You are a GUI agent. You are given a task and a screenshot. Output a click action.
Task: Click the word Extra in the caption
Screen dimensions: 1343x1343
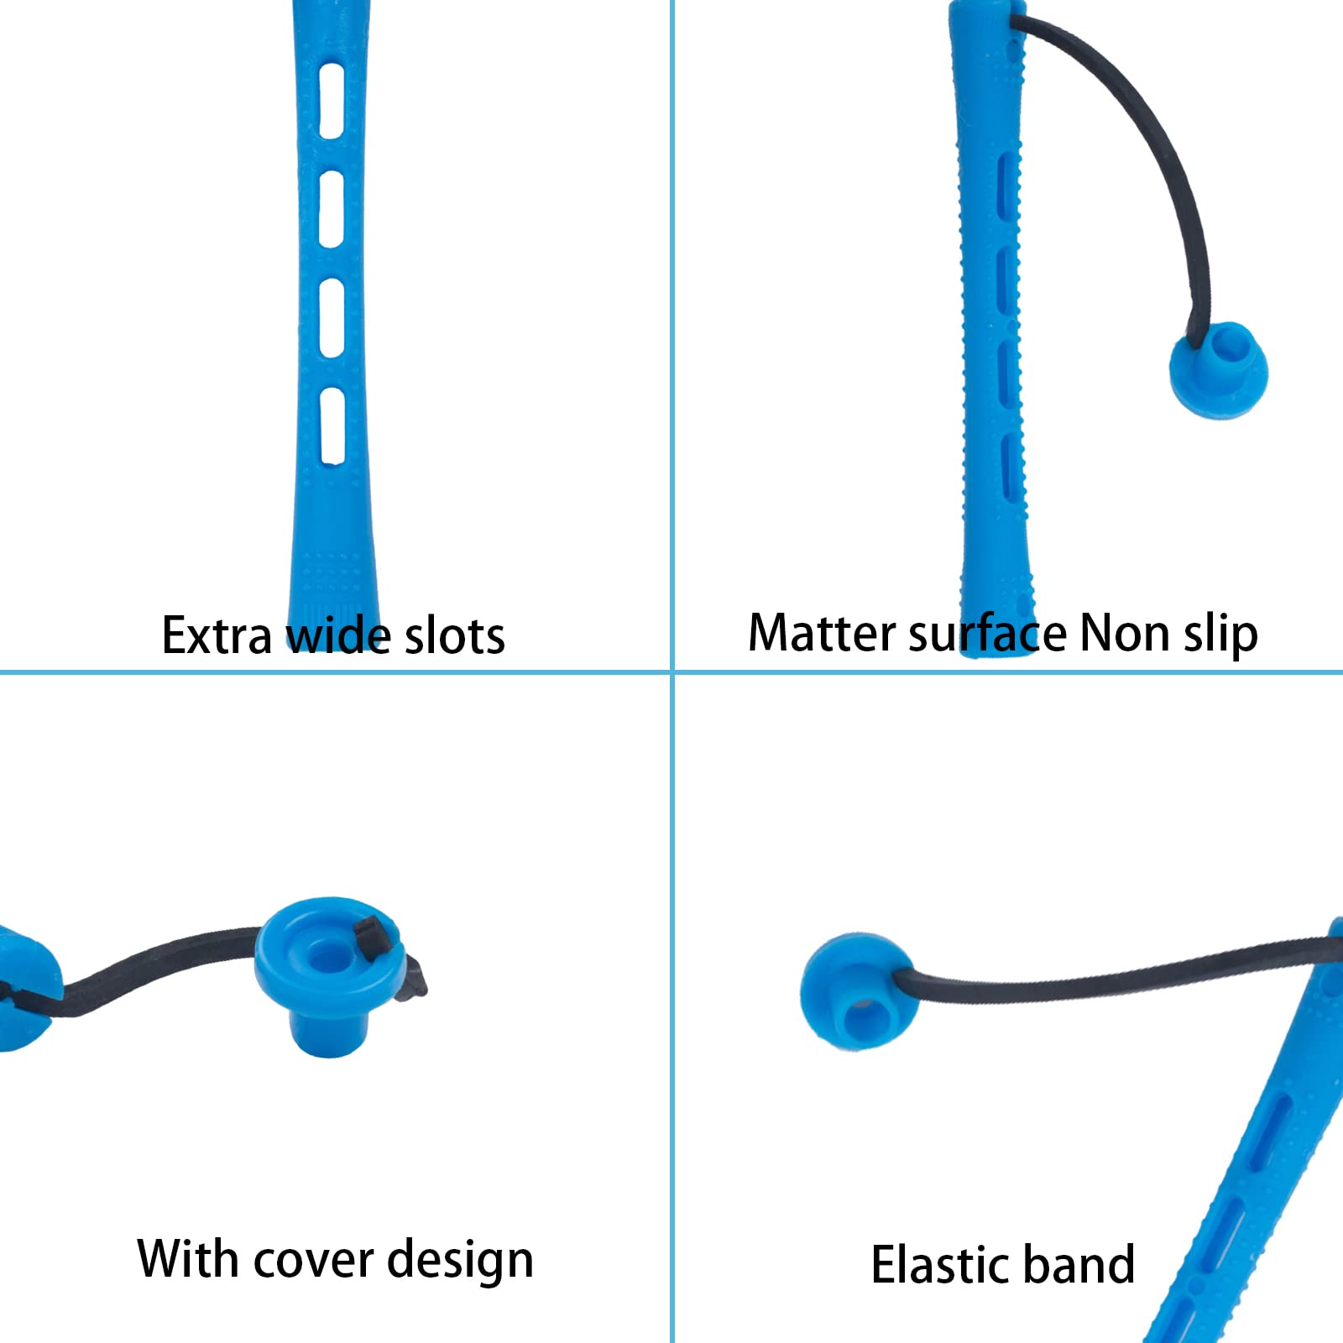click(217, 635)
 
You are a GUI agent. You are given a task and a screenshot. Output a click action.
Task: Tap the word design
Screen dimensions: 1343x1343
click(460, 1262)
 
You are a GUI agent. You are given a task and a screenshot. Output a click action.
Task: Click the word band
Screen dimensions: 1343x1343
click(1082, 1265)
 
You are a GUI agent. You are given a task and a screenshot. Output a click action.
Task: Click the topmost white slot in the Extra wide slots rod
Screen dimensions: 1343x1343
click(332, 100)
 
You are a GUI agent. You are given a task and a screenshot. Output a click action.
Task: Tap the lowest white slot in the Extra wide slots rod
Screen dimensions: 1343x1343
click(333, 425)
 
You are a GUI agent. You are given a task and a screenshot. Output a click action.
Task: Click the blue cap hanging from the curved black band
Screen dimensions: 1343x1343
click(1219, 370)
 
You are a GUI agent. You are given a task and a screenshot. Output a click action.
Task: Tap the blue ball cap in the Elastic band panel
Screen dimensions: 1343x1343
click(858, 990)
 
